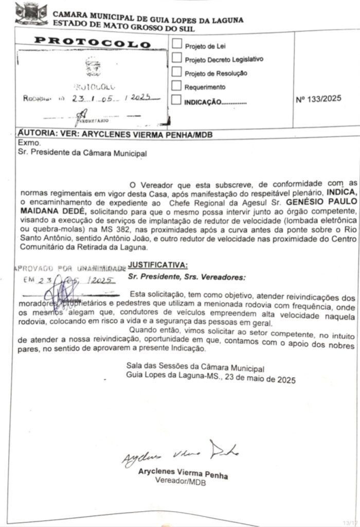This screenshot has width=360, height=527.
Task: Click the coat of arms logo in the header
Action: tap(31, 14)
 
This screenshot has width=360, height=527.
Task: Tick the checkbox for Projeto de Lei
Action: tap(176, 44)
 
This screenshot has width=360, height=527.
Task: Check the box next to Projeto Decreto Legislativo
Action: tap(176, 58)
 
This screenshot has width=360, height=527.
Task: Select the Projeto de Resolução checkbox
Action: tap(176, 72)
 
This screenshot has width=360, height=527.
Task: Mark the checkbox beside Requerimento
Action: tap(176, 85)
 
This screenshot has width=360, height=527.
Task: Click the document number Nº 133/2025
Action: tap(319, 99)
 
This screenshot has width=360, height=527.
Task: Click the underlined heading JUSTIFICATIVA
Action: tap(158, 265)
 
